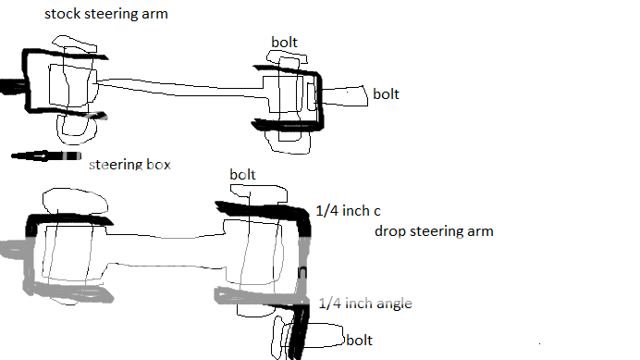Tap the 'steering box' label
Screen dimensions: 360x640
pos(129,165)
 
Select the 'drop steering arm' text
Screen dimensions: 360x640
pos(434,230)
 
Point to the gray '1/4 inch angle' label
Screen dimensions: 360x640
pos(364,303)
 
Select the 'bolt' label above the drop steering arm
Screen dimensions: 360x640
pos(242,174)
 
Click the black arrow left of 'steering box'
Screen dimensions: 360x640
pos(41,156)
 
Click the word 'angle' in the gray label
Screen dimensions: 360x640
pos(392,304)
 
